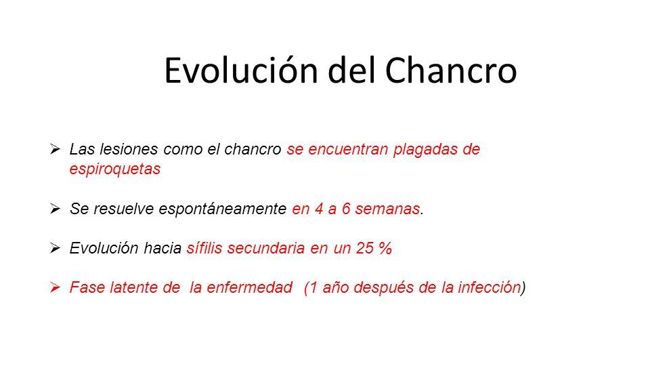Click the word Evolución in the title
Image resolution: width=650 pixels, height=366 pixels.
pyautogui.click(x=241, y=70)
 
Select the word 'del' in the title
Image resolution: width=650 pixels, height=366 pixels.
pyautogui.click(x=351, y=70)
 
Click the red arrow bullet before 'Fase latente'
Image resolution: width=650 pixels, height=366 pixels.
pyautogui.click(x=55, y=287)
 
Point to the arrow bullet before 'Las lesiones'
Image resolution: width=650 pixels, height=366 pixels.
pyautogui.click(x=55, y=149)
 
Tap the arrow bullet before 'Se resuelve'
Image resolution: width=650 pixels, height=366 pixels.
pyautogui.click(x=55, y=208)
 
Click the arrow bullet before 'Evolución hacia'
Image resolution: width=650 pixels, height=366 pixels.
pyautogui.click(x=55, y=248)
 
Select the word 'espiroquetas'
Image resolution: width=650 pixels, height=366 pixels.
pyautogui.click(x=115, y=169)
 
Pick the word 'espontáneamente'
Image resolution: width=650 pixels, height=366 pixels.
pyautogui.click(x=222, y=209)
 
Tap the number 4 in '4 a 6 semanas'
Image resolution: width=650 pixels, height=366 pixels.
pyautogui.click(x=319, y=209)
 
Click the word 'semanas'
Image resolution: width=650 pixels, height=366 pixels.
pyautogui.click(x=387, y=209)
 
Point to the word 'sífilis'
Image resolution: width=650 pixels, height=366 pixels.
pyautogui.click(x=204, y=248)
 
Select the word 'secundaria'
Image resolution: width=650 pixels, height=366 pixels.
pyautogui.click(x=266, y=248)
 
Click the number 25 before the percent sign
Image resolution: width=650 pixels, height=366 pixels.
pyautogui.click(x=364, y=248)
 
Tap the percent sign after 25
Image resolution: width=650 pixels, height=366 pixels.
pyautogui.click(x=385, y=248)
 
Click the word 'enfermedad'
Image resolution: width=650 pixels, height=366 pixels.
pyautogui.click(x=250, y=287)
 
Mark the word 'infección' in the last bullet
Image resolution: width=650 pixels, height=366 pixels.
pyautogui.click(x=489, y=287)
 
